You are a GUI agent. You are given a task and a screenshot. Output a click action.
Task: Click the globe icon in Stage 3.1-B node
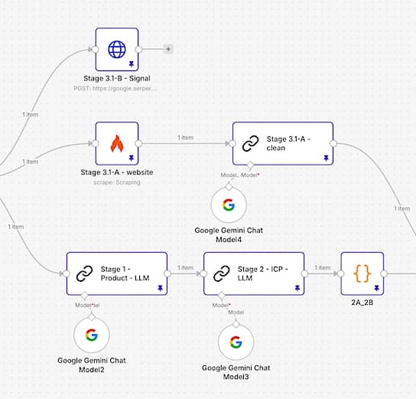117,49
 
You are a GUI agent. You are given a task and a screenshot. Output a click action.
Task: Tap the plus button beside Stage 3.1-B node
168,49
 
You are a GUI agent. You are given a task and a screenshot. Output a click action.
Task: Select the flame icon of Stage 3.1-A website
117,143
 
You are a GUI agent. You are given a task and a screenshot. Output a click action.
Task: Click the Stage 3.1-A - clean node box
283,143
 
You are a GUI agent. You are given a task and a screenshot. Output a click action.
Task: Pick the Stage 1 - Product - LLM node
116,273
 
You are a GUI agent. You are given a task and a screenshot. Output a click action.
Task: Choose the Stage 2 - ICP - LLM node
254,273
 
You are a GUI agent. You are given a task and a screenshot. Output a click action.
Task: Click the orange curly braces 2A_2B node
362,273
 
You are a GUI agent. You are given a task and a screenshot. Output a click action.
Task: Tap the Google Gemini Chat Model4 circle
229,204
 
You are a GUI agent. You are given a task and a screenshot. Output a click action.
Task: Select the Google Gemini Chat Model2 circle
92,335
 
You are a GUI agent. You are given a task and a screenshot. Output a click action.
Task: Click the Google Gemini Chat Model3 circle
236,342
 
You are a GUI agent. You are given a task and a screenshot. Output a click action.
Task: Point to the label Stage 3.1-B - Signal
117,78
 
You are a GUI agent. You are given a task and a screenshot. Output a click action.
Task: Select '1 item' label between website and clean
185,138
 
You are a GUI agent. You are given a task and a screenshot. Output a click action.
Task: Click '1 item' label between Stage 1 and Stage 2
185,268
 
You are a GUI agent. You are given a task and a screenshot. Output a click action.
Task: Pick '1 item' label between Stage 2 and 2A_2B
323,268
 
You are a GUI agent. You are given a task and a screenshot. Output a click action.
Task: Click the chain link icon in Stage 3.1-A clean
250,143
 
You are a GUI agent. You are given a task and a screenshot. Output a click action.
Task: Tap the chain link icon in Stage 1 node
84,273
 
